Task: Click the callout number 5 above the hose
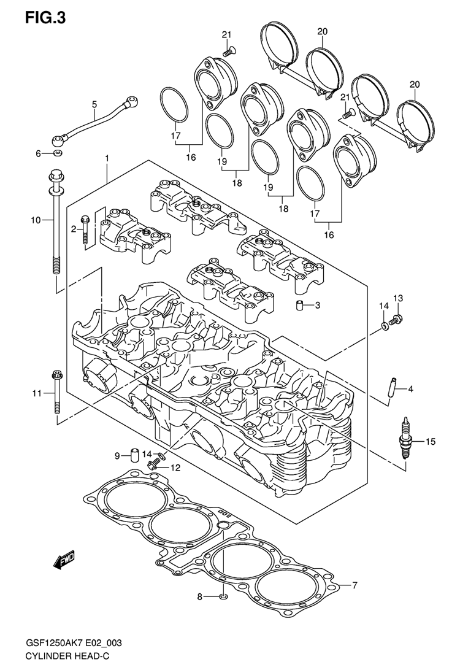tap(94, 104)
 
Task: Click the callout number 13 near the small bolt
tap(398, 298)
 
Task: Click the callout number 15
tap(431, 441)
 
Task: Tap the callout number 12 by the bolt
tap(176, 468)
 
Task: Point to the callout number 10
tap(36, 220)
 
